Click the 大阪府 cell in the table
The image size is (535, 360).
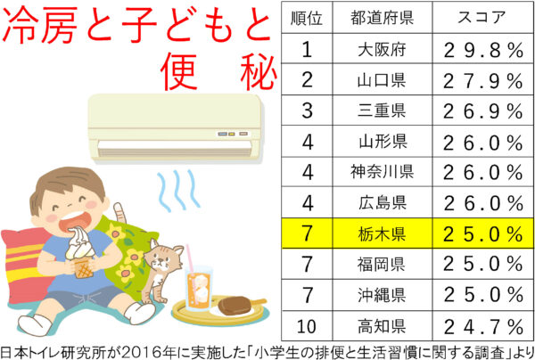(383, 49)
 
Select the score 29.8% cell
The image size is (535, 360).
(482, 49)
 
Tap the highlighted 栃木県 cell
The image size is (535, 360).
(383, 233)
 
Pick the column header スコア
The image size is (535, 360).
(482, 18)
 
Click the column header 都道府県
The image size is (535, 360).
(383, 18)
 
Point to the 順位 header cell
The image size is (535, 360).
(307, 18)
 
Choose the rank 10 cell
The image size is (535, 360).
(307, 326)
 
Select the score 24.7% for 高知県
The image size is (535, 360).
(482, 326)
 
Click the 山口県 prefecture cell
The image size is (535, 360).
(383, 80)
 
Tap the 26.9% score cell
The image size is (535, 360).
(482, 110)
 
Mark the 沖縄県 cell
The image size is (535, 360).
(383, 295)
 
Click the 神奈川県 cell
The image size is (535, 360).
(383, 171)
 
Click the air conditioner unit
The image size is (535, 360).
(175, 127)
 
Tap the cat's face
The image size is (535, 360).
(163, 258)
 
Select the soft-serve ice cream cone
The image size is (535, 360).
(80, 252)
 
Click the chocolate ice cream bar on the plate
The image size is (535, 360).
(240, 304)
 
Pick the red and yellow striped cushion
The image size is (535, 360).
(26, 263)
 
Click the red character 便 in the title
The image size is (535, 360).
(179, 70)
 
